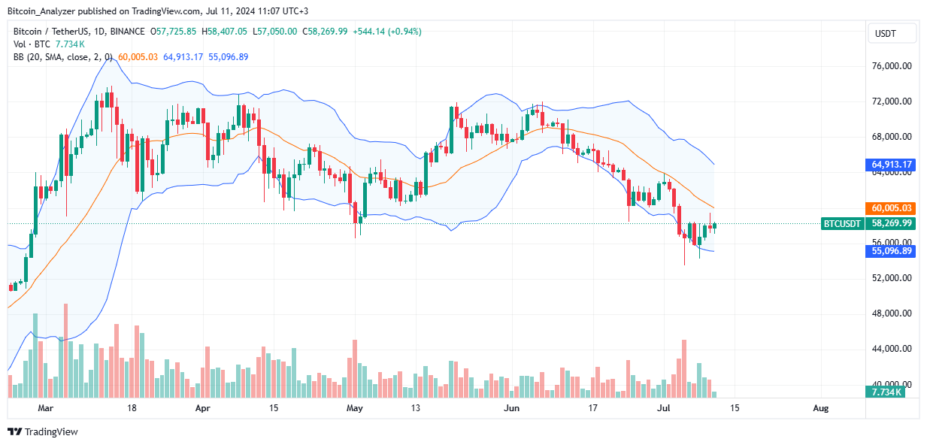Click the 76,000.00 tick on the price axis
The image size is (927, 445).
892,66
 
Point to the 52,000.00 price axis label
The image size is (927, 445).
892,278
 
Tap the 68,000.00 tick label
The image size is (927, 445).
892,137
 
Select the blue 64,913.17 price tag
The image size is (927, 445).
892,164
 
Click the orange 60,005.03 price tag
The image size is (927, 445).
892,207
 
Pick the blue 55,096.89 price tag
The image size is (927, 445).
892,251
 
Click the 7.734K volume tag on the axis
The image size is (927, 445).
888,392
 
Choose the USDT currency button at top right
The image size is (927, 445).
892,34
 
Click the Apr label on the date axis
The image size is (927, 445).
201,408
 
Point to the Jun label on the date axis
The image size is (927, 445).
511,408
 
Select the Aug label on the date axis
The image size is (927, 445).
821,408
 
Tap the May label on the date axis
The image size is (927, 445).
356,408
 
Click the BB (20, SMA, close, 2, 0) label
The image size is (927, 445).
62,57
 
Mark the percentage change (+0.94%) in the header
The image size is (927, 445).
404,32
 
